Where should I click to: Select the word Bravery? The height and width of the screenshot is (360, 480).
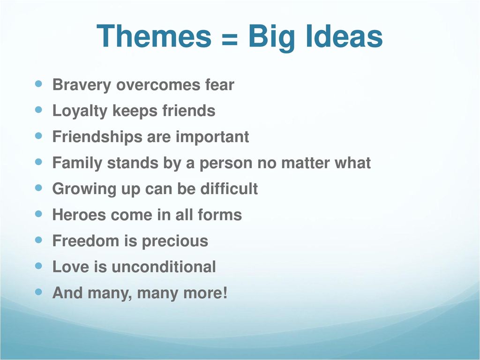[x=82, y=86]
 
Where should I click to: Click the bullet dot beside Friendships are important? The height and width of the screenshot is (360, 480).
[x=39, y=136]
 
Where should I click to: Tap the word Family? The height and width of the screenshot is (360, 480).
[x=77, y=163]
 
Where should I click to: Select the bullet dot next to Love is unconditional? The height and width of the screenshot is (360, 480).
[x=39, y=266]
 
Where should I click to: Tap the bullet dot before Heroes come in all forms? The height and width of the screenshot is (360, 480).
[x=39, y=214]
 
